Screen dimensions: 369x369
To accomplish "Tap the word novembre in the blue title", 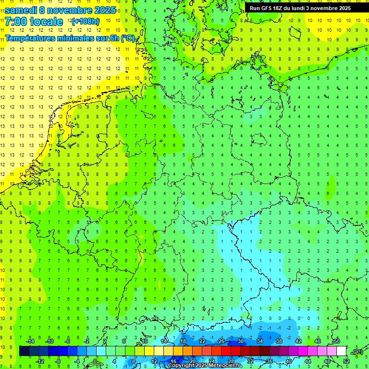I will [x=74, y=10].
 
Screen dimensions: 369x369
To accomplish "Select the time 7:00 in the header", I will [x=15, y=22].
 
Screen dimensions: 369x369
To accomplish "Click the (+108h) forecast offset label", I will [x=86, y=22].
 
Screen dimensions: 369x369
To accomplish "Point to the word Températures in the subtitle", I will [x=31, y=38].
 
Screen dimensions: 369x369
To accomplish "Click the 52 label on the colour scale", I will [x=346, y=361].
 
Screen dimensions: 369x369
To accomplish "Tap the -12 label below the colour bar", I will [x=40, y=361].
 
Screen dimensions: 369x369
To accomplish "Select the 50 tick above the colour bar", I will [x=336, y=341].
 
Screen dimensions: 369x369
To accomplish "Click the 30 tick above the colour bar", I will [x=240, y=341].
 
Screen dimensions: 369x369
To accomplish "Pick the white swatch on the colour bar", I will [x=341, y=351].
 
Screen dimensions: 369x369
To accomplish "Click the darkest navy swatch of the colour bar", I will [x=24, y=351].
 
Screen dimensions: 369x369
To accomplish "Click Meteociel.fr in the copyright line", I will [x=225, y=366].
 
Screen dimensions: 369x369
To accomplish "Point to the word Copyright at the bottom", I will [x=183, y=366].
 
